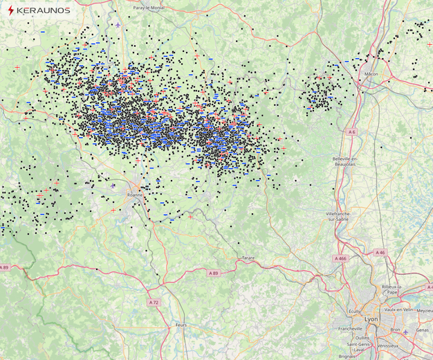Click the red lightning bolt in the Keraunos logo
[10, 10]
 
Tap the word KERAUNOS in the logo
[42, 10]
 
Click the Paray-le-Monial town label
[149, 7]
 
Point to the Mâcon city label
[371, 73]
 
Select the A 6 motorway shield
[352, 132]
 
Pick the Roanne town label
[135, 195]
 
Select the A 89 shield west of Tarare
[214, 273]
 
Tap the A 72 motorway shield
[153, 303]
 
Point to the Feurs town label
[181, 324]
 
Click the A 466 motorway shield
[338, 258]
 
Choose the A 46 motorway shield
[379, 253]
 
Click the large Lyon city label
[371, 318]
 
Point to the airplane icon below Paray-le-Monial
[118, 25]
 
